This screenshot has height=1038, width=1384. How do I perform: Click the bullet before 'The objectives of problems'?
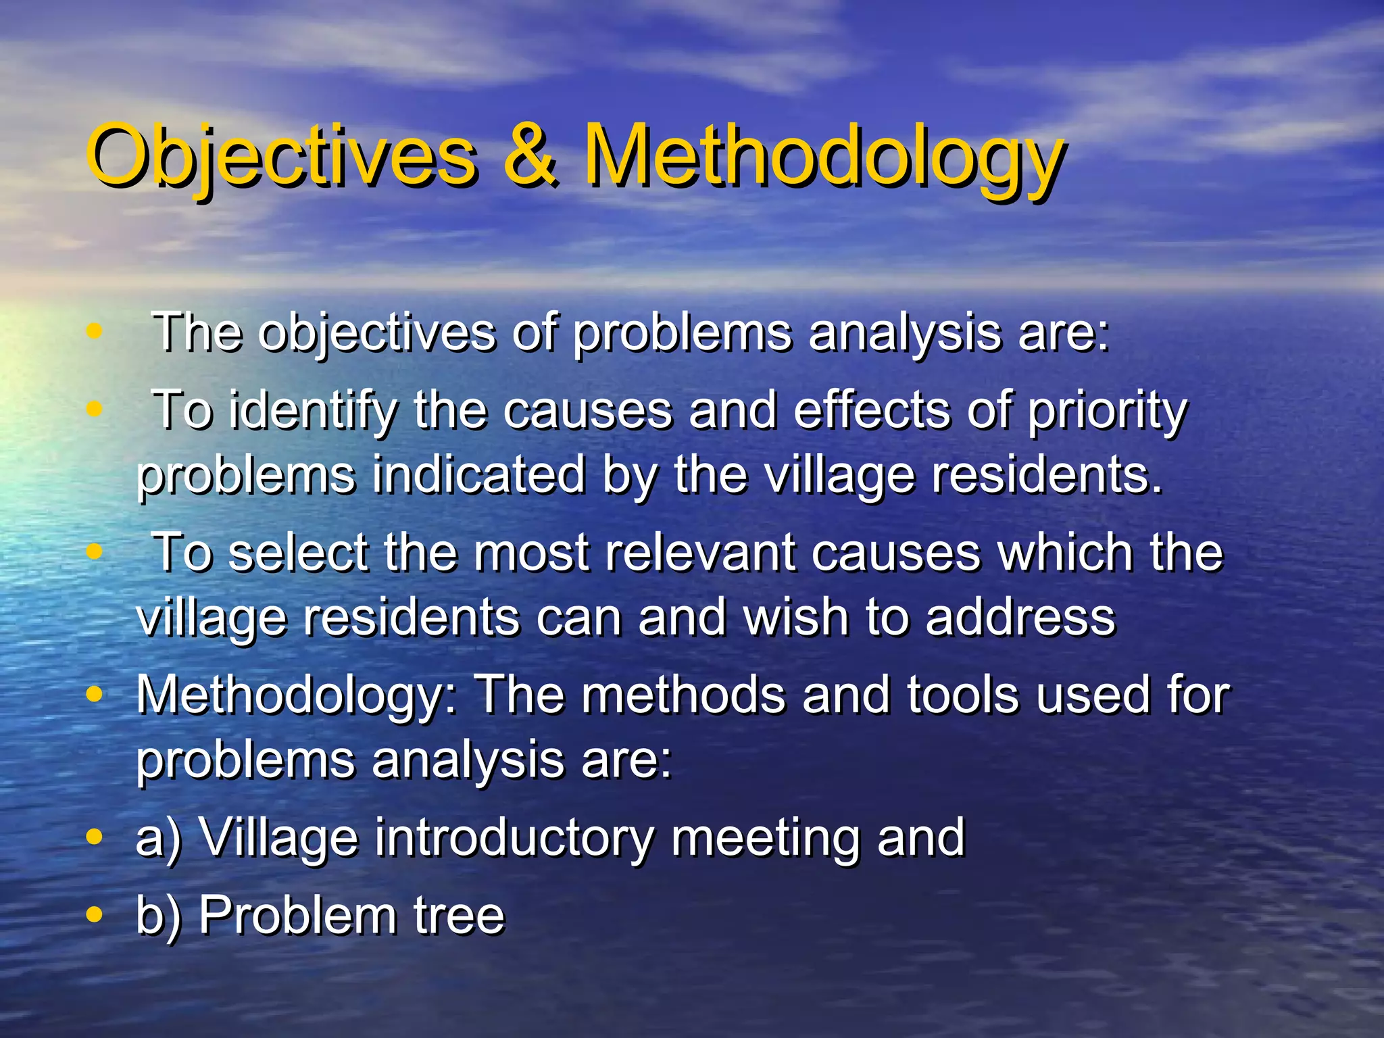(95, 331)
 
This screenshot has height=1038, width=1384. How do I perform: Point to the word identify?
(312, 411)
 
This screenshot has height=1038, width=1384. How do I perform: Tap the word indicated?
(478, 474)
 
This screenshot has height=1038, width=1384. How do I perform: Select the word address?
(1020, 617)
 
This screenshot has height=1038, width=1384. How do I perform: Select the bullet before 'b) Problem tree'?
(95, 915)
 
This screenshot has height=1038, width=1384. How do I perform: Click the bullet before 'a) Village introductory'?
(95, 837)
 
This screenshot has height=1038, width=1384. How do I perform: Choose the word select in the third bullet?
(297, 553)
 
